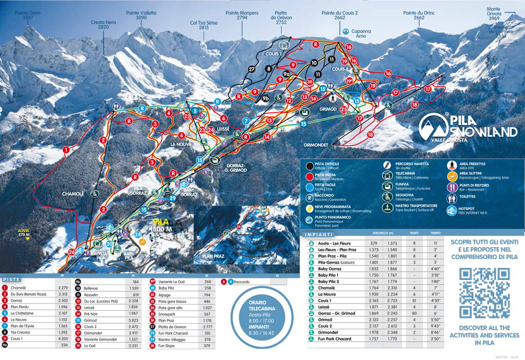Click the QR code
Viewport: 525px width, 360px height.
click(x=484, y=293)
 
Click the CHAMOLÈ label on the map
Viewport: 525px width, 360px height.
click(x=73, y=193)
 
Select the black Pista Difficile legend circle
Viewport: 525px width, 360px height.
click(x=309, y=166)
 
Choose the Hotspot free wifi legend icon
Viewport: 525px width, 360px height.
click(x=452, y=211)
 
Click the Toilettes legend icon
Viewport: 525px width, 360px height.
click(x=452, y=196)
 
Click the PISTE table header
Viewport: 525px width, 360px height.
click(x=11, y=279)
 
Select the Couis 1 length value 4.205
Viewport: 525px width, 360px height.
click(x=64, y=338)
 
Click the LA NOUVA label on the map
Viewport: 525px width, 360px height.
click(x=181, y=145)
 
